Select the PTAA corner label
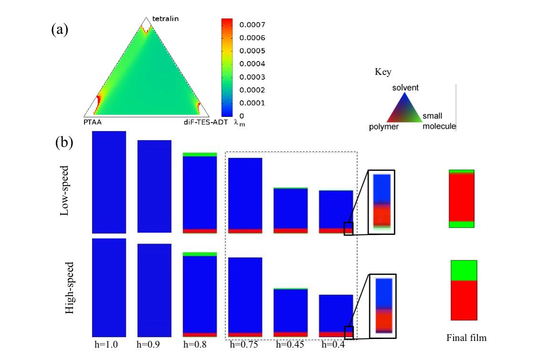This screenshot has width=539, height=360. [93, 122]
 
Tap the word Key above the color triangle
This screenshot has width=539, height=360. [383, 72]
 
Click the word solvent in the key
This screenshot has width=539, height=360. [405, 88]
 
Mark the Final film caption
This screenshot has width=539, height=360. [466, 338]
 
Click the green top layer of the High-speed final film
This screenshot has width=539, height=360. [464, 270]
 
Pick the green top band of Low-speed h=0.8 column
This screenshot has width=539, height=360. [200, 154]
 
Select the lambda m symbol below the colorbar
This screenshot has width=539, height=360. [239, 123]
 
